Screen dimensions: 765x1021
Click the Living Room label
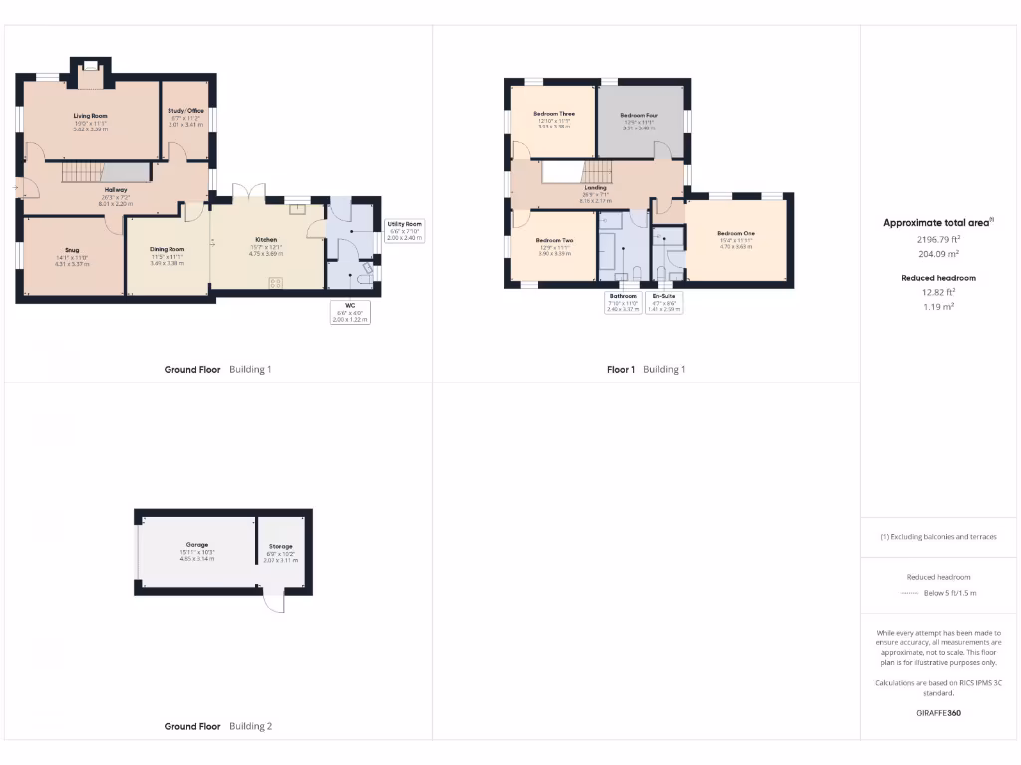[90, 116]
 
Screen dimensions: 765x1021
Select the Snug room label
[72, 250]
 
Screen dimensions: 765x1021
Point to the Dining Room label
[168, 249]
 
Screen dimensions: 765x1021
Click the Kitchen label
[266, 240]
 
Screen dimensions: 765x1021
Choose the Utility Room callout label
[405, 224]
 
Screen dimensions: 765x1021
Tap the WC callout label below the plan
[350, 305]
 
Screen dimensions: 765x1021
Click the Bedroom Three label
[555, 114]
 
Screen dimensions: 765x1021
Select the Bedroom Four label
[639, 116]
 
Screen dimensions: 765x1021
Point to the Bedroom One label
[735, 234]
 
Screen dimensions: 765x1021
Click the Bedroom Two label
[554, 241]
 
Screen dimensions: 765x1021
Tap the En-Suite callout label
[663, 296]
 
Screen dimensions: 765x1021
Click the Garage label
[196, 545]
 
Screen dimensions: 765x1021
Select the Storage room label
[280, 547]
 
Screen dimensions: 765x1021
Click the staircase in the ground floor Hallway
[84, 173]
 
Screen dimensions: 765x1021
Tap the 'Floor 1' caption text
[620, 370]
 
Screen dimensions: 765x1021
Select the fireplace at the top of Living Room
[90, 67]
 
